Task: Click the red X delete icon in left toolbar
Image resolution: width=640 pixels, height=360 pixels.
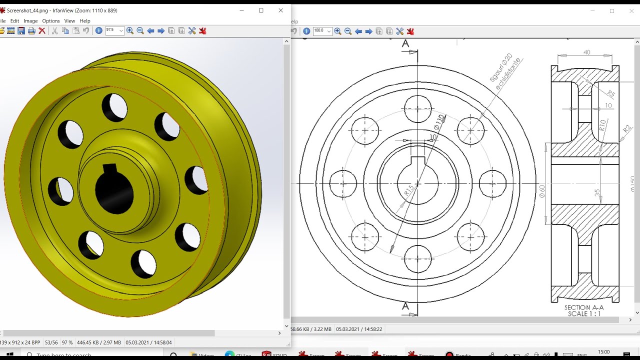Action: point(42,31)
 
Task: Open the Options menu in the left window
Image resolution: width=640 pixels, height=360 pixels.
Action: point(50,21)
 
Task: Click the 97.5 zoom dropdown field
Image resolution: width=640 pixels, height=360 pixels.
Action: point(114,31)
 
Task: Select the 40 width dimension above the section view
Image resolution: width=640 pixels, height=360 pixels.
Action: point(586,52)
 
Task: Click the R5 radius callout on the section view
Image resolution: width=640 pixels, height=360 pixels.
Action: point(610,93)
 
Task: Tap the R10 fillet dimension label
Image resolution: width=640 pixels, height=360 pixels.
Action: point(602,125)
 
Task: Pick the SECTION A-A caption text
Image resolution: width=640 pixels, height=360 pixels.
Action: point(584,307)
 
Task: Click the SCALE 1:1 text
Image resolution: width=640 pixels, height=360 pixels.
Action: point(584,314)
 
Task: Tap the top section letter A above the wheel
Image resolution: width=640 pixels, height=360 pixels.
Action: point(405,44)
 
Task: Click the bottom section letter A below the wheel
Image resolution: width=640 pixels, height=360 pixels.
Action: point(405,306)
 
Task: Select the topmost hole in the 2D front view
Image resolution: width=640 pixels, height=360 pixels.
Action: point(418,108)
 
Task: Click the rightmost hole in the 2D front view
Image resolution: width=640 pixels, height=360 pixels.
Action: point(492,183)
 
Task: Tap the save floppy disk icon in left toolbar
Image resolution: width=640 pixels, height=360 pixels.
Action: point(21,31)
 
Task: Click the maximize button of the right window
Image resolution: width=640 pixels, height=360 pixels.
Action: point(612,11)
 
